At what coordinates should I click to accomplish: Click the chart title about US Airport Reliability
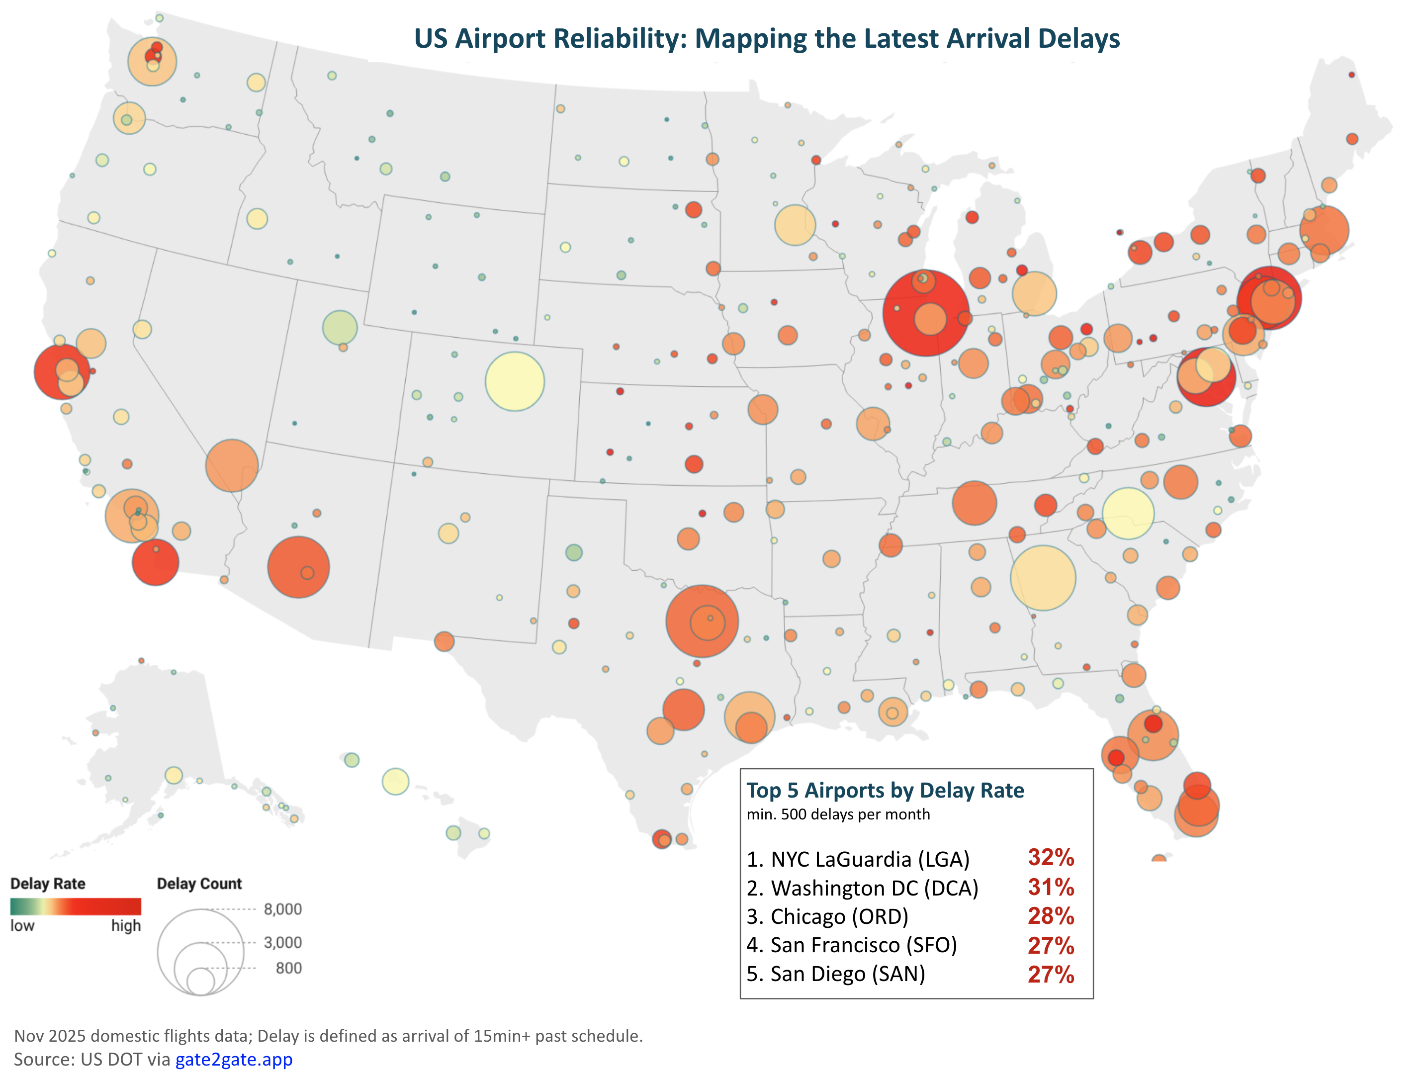(x=766, y=39)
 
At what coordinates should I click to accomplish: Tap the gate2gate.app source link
(x=234, y=1059)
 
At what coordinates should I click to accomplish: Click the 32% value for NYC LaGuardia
(x=1050, y=857)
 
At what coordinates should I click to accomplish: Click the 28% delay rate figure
(x=1050, y=916)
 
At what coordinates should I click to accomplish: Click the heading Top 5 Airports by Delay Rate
(x=885, y=790)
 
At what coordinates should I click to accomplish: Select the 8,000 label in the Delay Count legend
(x=282, y=909)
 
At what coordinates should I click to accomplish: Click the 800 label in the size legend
(x=288, y=968)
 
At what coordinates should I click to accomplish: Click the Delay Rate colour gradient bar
(x=76, y=906)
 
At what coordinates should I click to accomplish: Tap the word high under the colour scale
(x=125, y=926)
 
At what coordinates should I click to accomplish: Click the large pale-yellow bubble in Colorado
(x=514, y=381)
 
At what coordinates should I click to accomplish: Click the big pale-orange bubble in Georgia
(x=1043, y=577)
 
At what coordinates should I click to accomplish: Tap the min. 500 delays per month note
(x=838, y=814)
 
